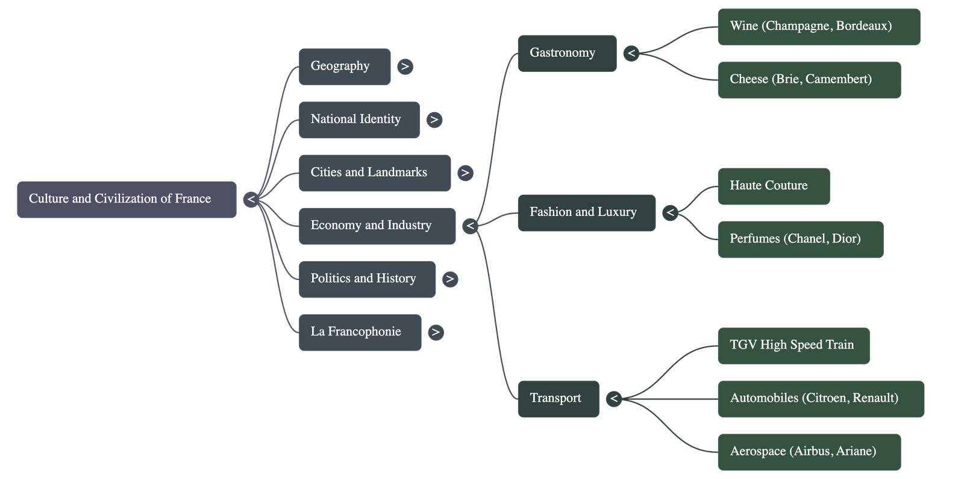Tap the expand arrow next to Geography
click(x=405, y=66)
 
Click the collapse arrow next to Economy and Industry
click(x=471, y=226)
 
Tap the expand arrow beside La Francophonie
click(x=435, y=332)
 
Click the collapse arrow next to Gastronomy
click(x=631, y=54)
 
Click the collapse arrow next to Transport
click(x=613, y=399)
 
